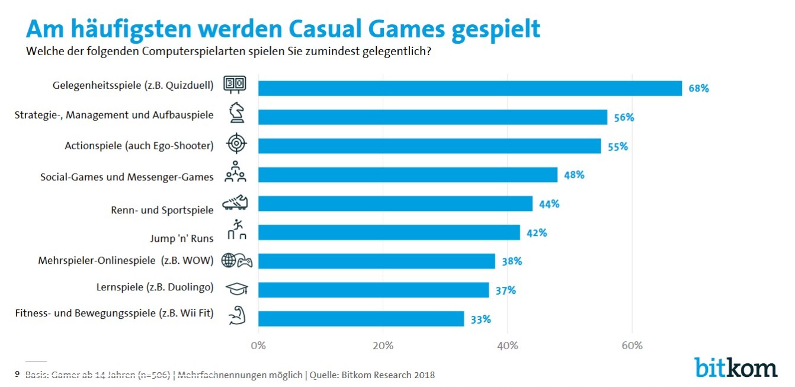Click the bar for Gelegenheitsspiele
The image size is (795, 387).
click(x=470, y=88)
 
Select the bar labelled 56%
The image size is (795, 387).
click(x=432, y=117)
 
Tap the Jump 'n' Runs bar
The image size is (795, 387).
click(x=389, y=232)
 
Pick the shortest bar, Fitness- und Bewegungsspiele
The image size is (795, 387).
click(x=361, y=319)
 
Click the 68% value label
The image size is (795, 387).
click(x=698, y=89)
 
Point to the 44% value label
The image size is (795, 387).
click(x=549, y=204)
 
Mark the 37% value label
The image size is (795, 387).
click(x=505, y=290)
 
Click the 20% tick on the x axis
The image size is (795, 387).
click(x=383, y=346)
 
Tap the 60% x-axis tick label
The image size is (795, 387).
click(x=632, y=346)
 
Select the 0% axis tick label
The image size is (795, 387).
click(x=258, y=346)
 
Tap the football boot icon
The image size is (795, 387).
click(x=235, y=204)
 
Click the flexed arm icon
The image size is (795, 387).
click(x=236, y=316)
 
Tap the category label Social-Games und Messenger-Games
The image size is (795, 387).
click(x=127, y=177)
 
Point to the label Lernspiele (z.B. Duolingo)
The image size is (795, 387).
click(x=155, y=287)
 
